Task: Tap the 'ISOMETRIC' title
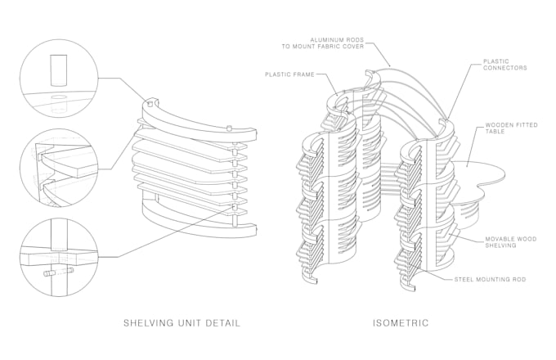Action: [x=401, y=322]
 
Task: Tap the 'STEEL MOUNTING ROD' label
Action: [x=491, y=280]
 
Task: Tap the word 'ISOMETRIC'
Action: [x=401, y=322]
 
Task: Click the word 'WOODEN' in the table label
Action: [x=499, y=125]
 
